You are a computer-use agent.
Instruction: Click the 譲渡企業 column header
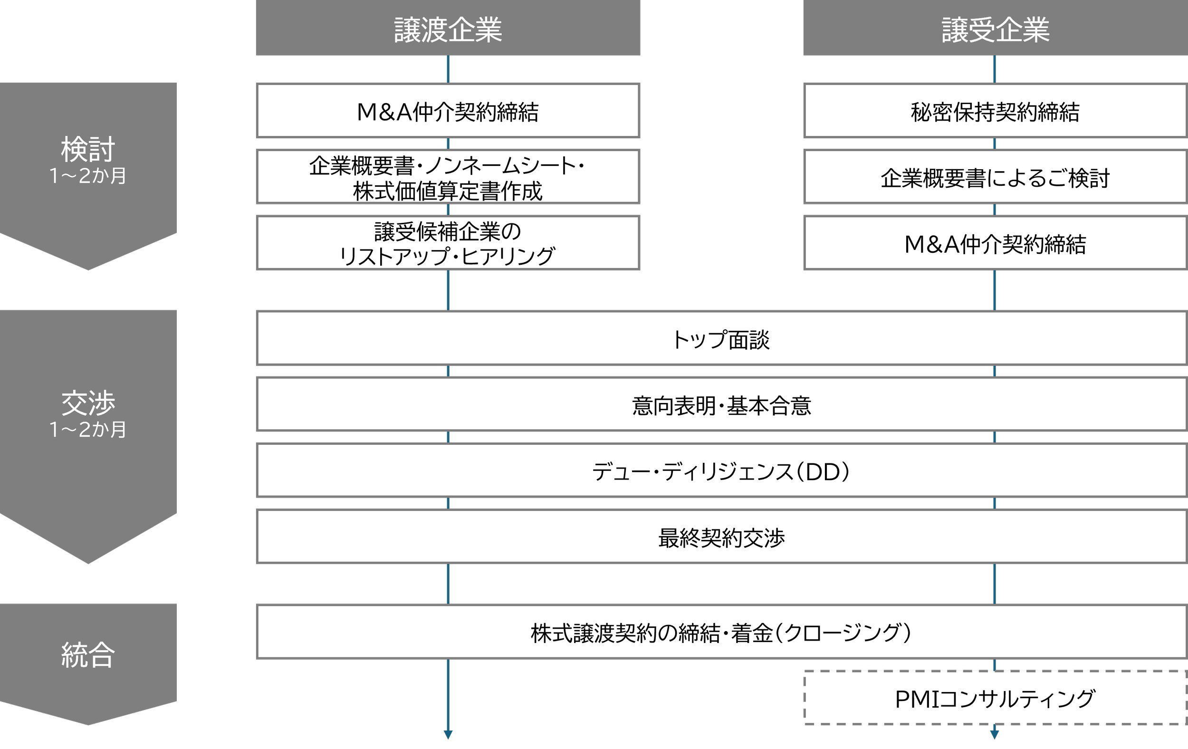tap(448, 28)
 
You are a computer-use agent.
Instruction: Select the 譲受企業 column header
tap(995, 28)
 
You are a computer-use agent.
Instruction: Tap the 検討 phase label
tap(88, 149)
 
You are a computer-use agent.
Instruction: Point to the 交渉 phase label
tap(88, 403)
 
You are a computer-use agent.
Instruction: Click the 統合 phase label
tap(88, 655)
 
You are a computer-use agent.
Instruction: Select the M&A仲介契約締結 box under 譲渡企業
tap(448, 111)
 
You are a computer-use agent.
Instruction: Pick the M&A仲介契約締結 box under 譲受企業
tap(995, 243)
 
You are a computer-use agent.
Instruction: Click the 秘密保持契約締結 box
tap(995, 111)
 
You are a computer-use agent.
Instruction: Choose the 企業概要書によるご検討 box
tap(995, 177)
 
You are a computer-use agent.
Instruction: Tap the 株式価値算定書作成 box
tap(448, 177)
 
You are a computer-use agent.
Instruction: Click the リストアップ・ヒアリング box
tap(448, 243)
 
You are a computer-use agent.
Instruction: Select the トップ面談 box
tap(721, 339)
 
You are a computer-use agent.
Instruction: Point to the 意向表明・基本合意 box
tap(721, 405)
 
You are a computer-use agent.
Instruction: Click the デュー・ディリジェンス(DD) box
tap(721, 471)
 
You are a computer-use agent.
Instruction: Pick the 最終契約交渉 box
tap(721, 537)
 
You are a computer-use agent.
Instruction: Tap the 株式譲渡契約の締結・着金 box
tap(721, 632)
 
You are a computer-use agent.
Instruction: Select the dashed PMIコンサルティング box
tap(995, 698)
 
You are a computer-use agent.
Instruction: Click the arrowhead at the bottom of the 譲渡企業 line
tap(448, 735)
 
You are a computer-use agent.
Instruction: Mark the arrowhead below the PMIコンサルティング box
tap(995, 735)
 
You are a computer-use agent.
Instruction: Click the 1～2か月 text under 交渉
tap(88, 429)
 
